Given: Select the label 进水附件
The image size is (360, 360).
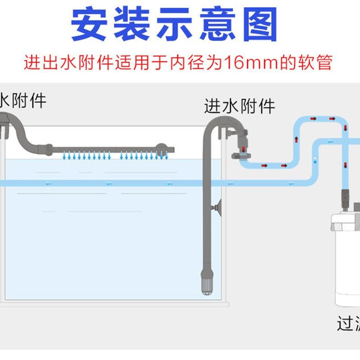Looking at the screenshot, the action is point(239,107).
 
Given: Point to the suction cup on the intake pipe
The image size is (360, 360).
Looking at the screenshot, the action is point(218,207).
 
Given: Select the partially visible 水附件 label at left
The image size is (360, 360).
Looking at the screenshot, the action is point(22,100).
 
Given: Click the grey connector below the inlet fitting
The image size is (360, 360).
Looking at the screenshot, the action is point(240,157).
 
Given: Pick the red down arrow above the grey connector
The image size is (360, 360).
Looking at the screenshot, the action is point(243,148).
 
